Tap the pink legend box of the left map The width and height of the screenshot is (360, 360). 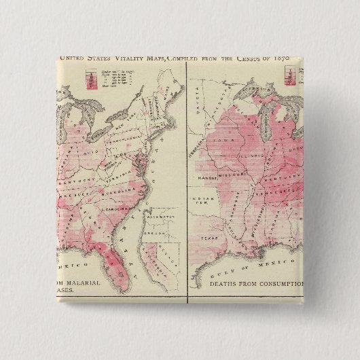(x=88, y=77)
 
